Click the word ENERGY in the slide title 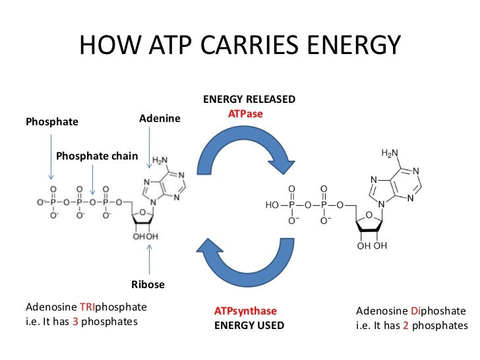[348, 45]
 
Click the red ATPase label [245, 114]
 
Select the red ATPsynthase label [245, 311]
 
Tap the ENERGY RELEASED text [249, 100]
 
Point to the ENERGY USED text [249, 325]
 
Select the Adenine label [160, 118]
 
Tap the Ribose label [148, 285]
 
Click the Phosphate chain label [97, 156]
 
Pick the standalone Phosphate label [51, 122]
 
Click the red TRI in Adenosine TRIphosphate [89, 307]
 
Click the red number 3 [75, 322]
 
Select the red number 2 [406, 326]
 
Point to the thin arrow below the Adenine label [150, 148]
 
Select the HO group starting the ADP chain [273, 205]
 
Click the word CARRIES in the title [236, 45]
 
